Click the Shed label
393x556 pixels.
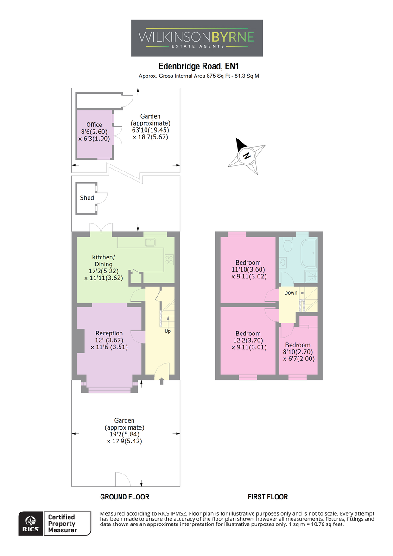tap(87, 198)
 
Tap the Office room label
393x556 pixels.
tap(94, 125)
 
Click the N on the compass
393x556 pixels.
tap(247, 156)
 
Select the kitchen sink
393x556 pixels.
tap(151, 242)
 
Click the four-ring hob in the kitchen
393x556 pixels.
tap(169, 259)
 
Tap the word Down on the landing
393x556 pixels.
tap(291, 293)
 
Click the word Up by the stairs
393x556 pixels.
tap(168, 331)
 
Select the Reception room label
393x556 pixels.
tap(109, 333)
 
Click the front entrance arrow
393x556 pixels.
tap(162, 381)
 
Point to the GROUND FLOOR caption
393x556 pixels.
tap(125, 497)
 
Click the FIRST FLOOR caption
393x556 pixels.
tap(268, 497)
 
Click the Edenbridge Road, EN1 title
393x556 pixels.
tap(199, 66)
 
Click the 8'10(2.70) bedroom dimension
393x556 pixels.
tap(298, 352)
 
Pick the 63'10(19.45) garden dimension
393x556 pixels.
tap(151, 130)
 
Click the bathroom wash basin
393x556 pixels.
tap(284, 262)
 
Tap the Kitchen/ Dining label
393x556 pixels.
tap(103, 260)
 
